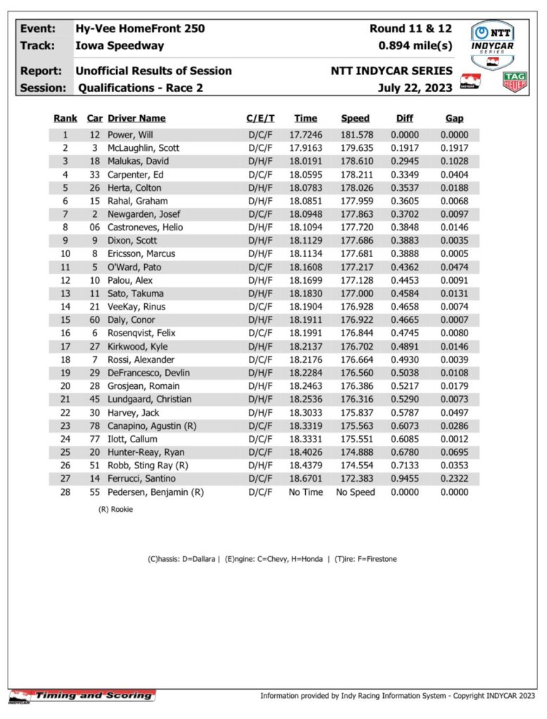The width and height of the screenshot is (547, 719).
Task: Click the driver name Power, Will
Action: coord(131,135)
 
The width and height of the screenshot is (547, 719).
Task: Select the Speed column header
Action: coord(355,119)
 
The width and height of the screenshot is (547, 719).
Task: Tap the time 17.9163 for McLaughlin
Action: coord(306,148)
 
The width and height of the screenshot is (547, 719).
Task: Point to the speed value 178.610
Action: coord(355,161)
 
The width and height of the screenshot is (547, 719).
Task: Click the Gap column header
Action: coord(454,119)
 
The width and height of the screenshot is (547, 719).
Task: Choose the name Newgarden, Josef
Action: coord(140,214)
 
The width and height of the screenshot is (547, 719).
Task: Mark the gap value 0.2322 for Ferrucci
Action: coord(454,479)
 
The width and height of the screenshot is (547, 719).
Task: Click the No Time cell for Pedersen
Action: coord(306,492)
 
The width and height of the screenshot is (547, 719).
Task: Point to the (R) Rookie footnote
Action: coord(115,510)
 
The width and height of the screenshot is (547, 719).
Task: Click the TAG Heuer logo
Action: coord(515,81)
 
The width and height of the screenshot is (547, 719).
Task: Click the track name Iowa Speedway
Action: coord(120,46)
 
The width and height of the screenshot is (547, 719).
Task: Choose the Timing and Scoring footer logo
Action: coord(82,695)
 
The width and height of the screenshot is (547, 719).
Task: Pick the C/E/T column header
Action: coord(260,119)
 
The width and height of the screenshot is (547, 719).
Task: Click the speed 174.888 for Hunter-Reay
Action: coord(355,452)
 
